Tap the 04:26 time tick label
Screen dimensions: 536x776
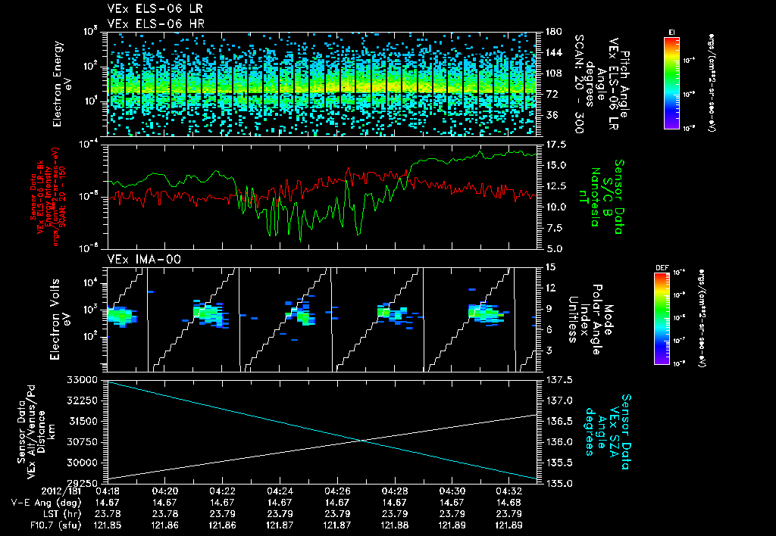(337, 491)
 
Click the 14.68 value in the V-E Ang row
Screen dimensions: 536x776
(509, 503)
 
